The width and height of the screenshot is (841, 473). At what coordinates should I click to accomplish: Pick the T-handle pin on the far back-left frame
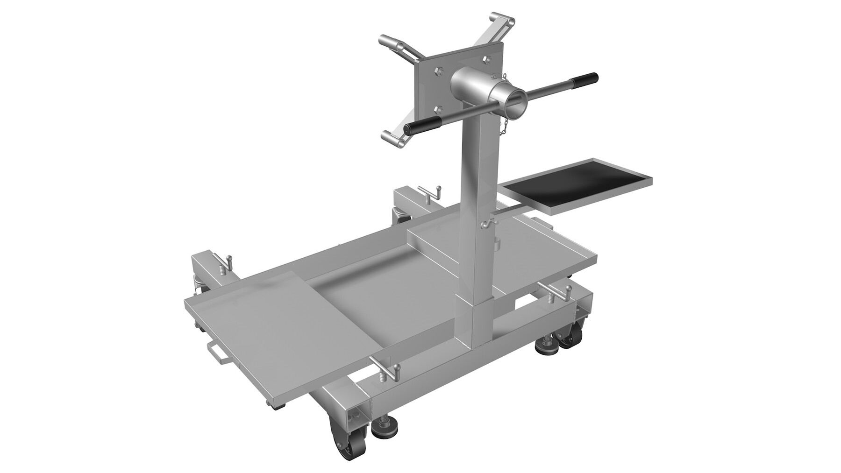[x=431, y=192]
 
